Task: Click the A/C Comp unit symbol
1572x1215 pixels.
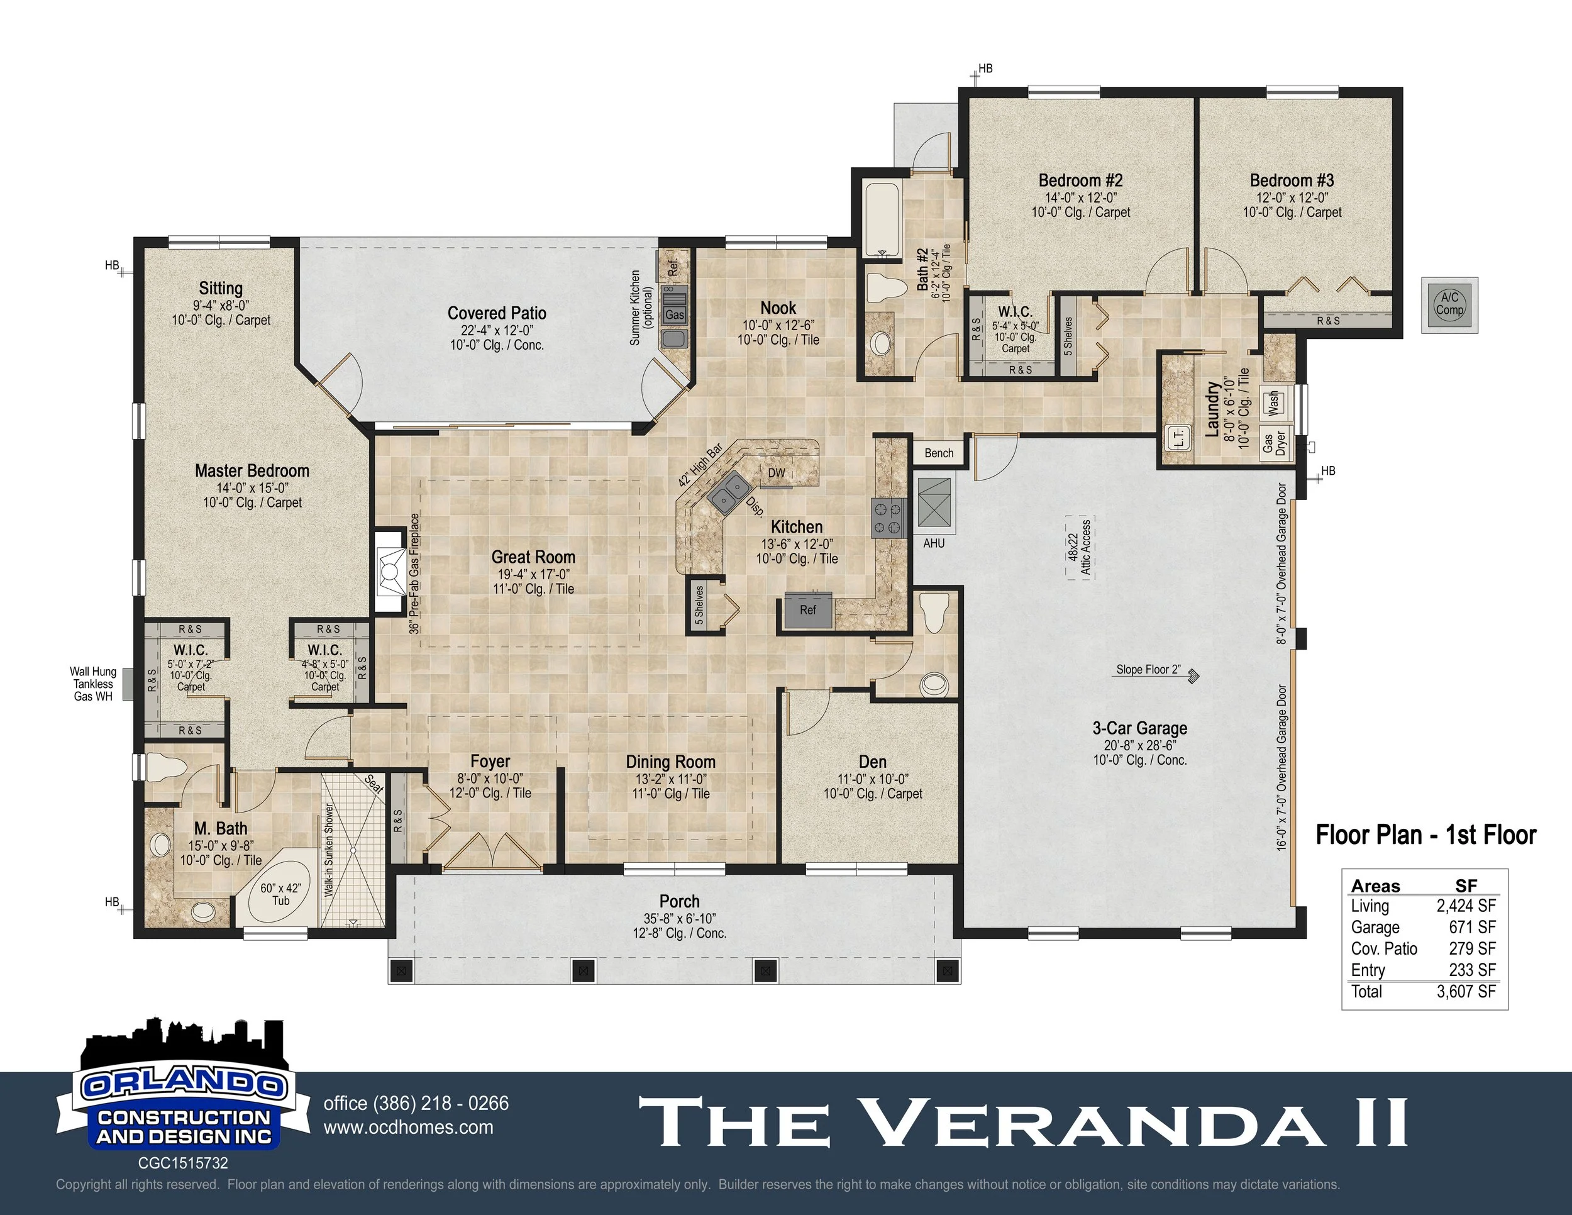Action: tap(1449, 304)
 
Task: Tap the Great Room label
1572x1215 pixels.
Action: tap(533, 557)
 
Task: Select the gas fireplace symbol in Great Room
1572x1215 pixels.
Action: tap(389, 572)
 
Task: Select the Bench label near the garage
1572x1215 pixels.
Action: tap(939, 453)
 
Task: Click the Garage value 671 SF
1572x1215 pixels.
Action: tap(1472, 927)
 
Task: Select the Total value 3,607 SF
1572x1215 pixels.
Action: tap(1466, 992)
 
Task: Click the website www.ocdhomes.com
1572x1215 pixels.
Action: tap(409, 1127)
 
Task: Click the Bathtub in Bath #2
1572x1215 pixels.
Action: tap(882, 220)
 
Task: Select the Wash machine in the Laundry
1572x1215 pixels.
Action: tap(1273, 402)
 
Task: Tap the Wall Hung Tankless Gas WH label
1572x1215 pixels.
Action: tap(93, 684)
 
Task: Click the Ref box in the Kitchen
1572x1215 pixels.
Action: tap(807, 609)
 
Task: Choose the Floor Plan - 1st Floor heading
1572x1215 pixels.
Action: tap(1425, 835)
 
